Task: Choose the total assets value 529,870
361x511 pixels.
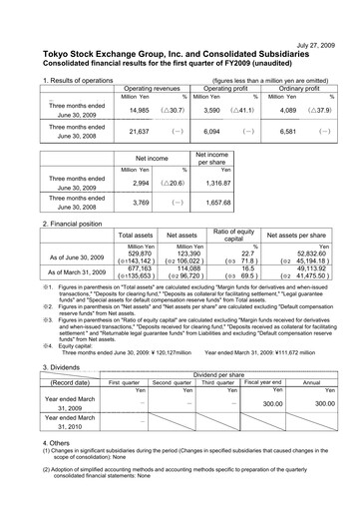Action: click(136, 254)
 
